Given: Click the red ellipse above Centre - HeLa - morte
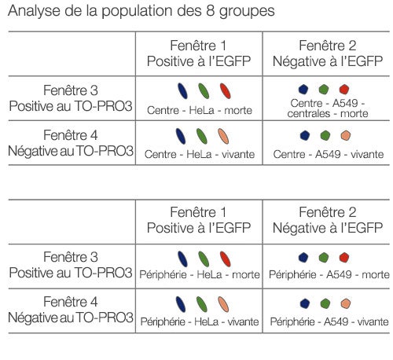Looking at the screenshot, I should coord(225,91).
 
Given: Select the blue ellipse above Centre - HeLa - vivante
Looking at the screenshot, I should coord(182,136).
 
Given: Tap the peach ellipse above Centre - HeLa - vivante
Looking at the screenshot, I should coord(224,136).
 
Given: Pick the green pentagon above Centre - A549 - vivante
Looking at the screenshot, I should coord(325,135).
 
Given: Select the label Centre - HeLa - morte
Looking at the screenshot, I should coord(199,111).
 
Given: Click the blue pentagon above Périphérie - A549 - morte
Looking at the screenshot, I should coord(303,257).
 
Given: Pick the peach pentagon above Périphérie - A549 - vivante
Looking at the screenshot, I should coord(344,303).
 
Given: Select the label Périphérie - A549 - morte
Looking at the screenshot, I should coord(329,274).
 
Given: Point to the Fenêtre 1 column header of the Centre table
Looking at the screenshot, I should coord(199,53).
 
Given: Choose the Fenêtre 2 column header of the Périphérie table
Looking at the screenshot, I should coord(326,219).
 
